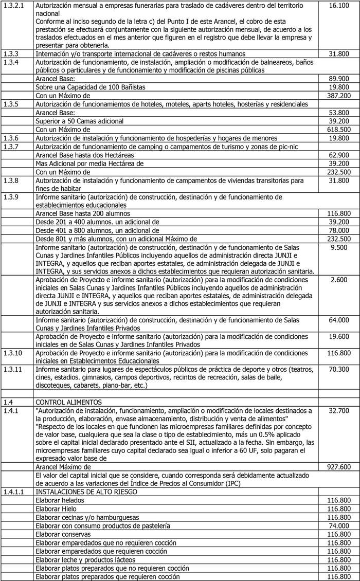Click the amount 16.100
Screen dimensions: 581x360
[x=338, y=5]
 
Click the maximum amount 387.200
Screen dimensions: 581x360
[x=338, y=96]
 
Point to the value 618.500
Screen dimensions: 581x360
[x=338, y=130]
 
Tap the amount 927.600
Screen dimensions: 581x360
[x=338, y=467]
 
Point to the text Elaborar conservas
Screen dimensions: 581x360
[x=64, y=534]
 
